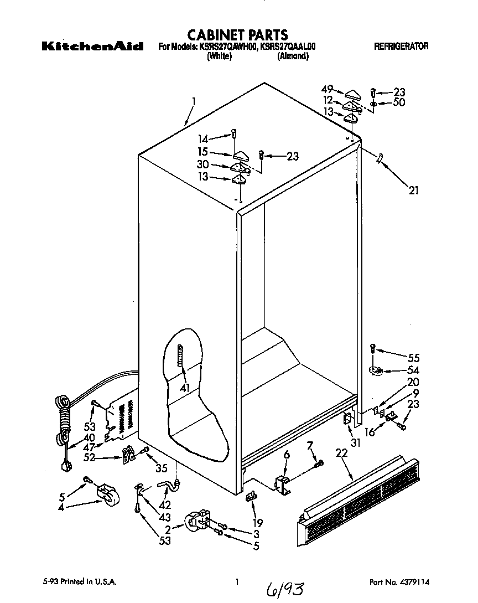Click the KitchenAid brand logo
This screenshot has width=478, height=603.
pyautogui.click(x=93, y=47)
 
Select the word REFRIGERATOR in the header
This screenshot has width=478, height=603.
pyautogui.click(x=401, y=47)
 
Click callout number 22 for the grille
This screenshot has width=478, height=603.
pyautogui.click(x=342, y=453)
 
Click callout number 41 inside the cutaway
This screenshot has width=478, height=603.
pyautogui.click(x=184, y=388)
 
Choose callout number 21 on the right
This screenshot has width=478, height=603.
pyautogui.click(x=413, y=191)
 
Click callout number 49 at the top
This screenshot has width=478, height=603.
pyautogui.click(x=327, y=89)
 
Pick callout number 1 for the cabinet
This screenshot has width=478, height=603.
pyautogui.click(x=194, y=101)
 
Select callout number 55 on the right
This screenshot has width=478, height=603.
pyautogui.click(x=413, y=358)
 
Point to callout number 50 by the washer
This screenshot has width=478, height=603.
pyautogui.click(x=399, y=102)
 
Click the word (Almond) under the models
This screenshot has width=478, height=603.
pyautogui.click(x=293, y=56)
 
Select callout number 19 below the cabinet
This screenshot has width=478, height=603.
pyautogui.click(x=257, y=522)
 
